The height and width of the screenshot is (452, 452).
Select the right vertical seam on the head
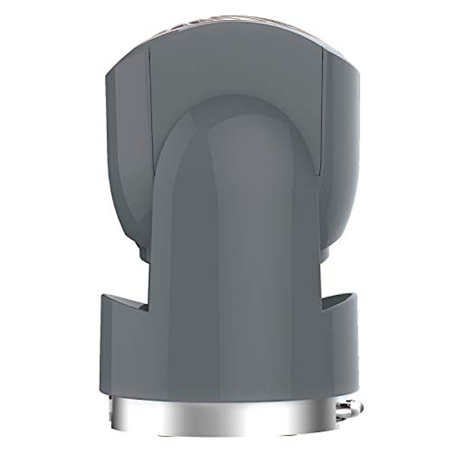pyautogui.click(x=322, y=113)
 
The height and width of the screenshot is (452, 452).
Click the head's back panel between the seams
pyautogui.click(x=234, y=75)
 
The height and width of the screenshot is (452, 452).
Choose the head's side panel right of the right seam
pyautogui.click(x=339, y=132)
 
